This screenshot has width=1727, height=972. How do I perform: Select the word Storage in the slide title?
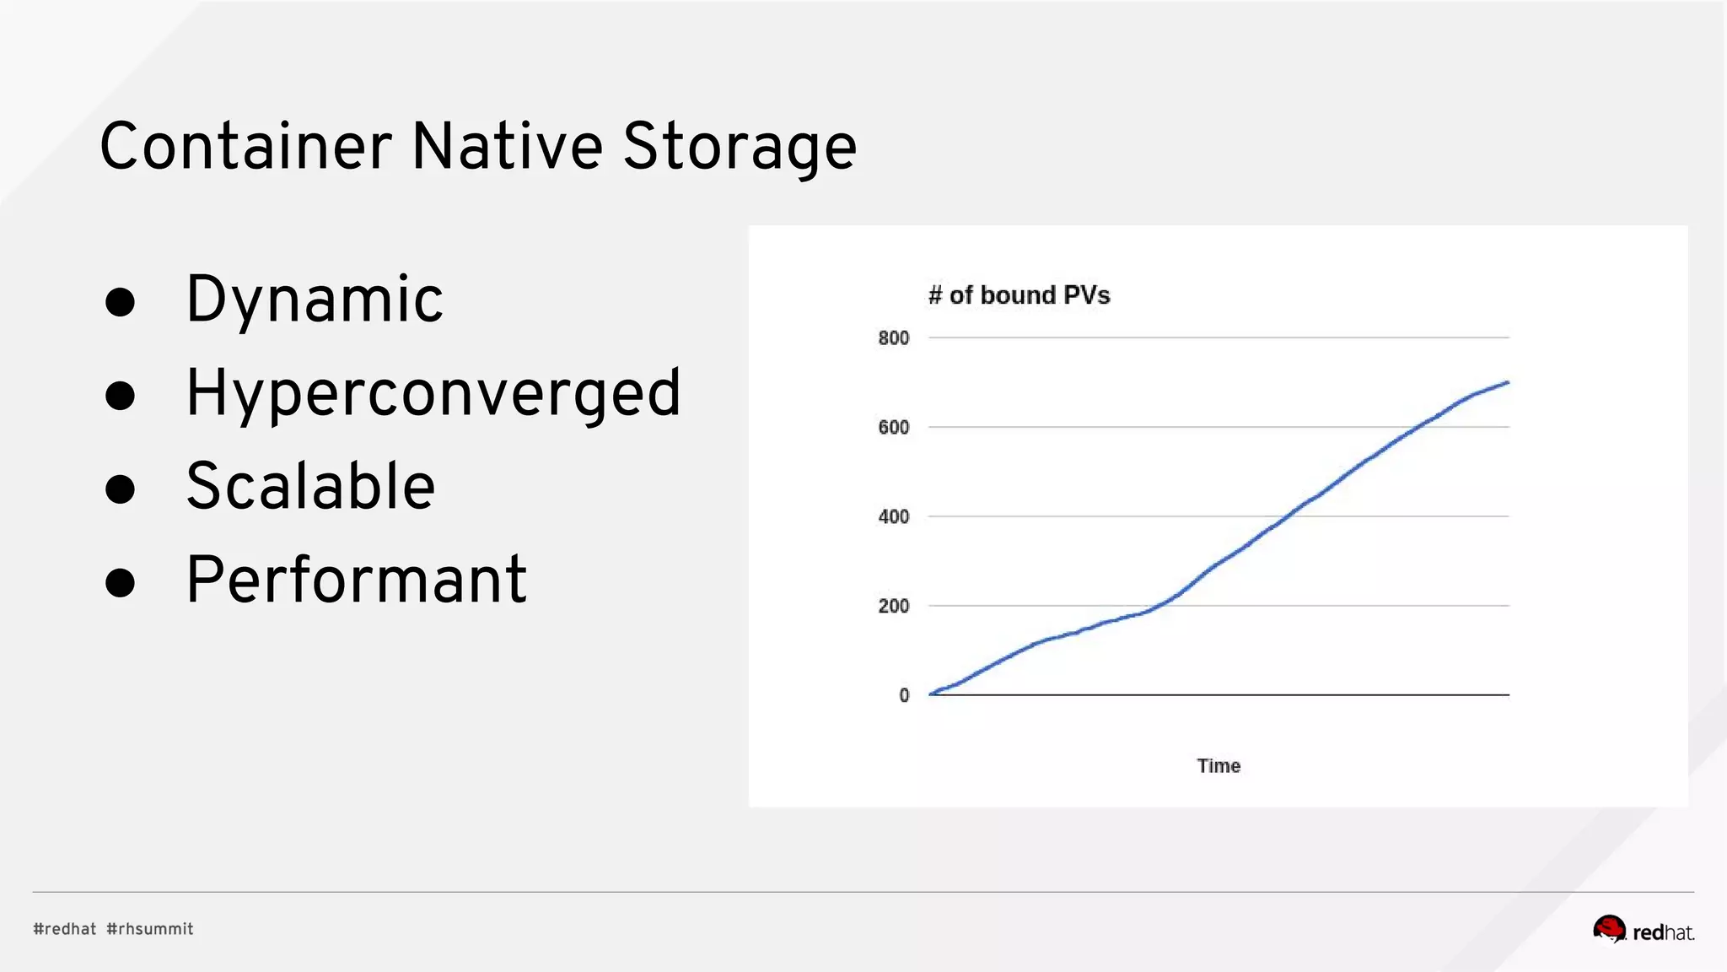pos(740,148)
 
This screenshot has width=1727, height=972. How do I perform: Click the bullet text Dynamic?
pos(314,300)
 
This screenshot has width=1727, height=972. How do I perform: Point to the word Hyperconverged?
pos(433,393)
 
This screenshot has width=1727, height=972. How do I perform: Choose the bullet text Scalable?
pos(310,487)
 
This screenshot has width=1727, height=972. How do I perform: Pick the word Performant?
pos(356,580)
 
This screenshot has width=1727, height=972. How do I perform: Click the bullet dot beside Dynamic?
pos(121,302)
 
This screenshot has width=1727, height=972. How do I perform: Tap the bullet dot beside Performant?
pos(121,582)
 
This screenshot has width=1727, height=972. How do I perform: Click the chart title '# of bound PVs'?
pos(1019,295)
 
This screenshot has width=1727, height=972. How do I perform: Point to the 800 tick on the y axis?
pos(894,338)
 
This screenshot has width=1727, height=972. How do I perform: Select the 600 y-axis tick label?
pos(894,428)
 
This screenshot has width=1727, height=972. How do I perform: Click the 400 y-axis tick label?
pos(894,517)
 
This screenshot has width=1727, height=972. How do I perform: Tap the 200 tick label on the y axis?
pos(894,607)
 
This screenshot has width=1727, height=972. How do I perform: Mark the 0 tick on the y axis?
pos(904,696)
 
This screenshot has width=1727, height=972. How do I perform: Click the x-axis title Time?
pos(1219,766)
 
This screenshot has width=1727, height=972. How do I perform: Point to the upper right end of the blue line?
pos(1507,383)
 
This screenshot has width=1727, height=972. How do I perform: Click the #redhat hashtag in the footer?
pos(65,929)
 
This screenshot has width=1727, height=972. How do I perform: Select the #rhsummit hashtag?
pos(150,929)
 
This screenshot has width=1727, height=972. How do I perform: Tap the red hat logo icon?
pos(1609,929)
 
